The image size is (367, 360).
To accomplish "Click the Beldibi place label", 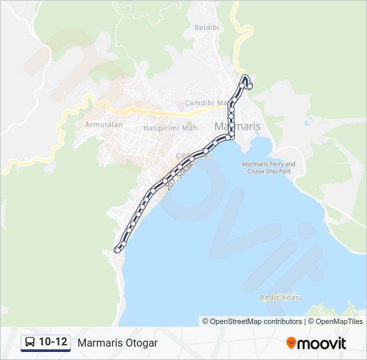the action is [202, 27].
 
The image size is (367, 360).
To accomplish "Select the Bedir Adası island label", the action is [280, 297].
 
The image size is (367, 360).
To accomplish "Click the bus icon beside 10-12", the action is [30, 343].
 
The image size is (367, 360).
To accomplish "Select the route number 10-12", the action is [53, 343].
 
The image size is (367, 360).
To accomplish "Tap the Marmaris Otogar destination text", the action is [117, 343].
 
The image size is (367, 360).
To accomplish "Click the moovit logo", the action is [316, 343].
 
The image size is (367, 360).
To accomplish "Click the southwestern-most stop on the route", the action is [117, 250].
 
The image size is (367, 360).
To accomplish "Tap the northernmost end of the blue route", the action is [245, 76].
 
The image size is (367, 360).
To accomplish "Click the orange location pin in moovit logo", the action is [291, 343].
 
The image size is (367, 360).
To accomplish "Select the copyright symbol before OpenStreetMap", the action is [206, 321].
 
